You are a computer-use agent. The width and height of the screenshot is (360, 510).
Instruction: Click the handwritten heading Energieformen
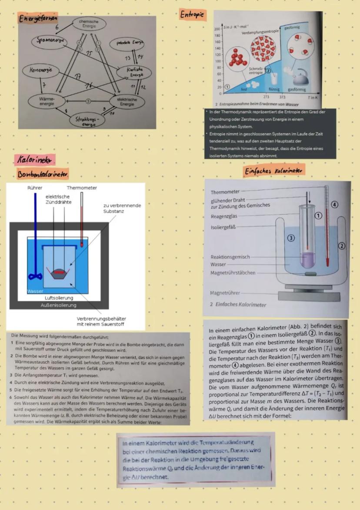pos(38,19)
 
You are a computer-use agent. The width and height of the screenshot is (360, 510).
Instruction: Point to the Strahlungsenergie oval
pos(87,121)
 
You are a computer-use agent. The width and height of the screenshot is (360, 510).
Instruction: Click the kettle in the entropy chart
pos(300,78)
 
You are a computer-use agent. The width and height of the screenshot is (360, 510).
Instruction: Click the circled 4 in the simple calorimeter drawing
pos(334,204)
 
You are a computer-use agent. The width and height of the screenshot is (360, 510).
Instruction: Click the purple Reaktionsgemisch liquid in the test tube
pos(310,260)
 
